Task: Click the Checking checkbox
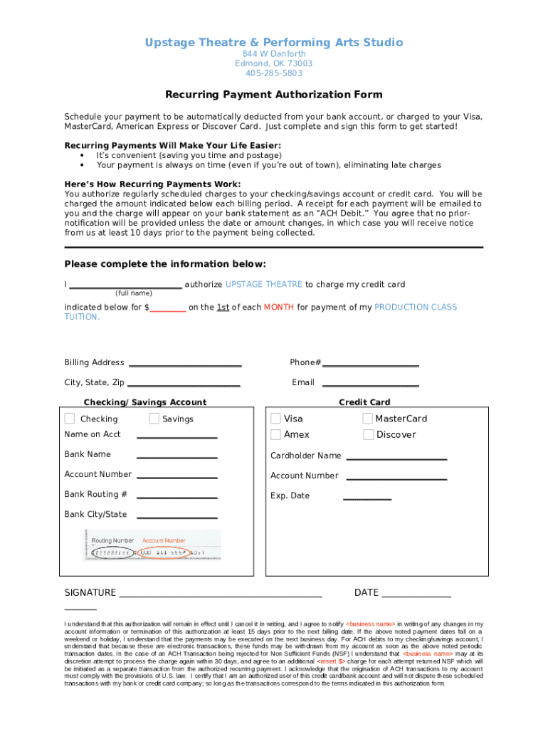(x=69, y=419)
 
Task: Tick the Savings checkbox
(x=154, y=419)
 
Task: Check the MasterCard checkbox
(x=368, y=419)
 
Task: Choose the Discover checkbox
(x=368, y=434)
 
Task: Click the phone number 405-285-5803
(x=274, y=73)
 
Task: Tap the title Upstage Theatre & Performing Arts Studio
(x=274, y=43)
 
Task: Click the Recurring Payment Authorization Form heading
(x=274, y=95)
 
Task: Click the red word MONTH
(x=278, y=308)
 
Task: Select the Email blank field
(x=370, y=385)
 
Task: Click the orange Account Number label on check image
(x=164, y=541)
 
